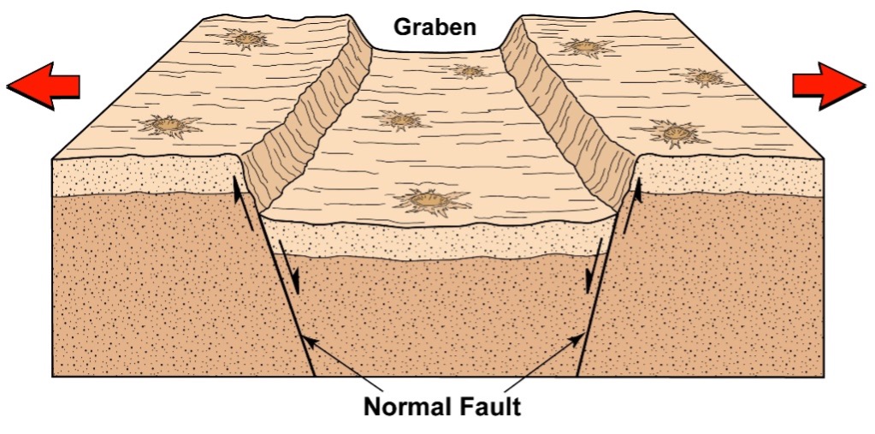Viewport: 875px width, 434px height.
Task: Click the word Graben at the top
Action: coord(435,27)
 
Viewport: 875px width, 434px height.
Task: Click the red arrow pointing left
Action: coord(44,86)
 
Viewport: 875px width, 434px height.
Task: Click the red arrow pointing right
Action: coord(828,86)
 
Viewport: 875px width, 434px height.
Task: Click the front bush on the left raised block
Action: coord(170,127)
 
